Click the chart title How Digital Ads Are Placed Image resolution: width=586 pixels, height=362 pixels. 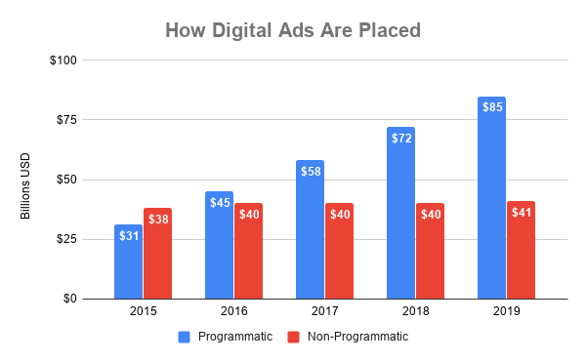point(293,30)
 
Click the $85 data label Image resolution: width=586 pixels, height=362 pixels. point(491,105)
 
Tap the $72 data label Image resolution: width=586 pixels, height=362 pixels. point(400,137)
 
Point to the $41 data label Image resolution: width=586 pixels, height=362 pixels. point(521,211)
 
